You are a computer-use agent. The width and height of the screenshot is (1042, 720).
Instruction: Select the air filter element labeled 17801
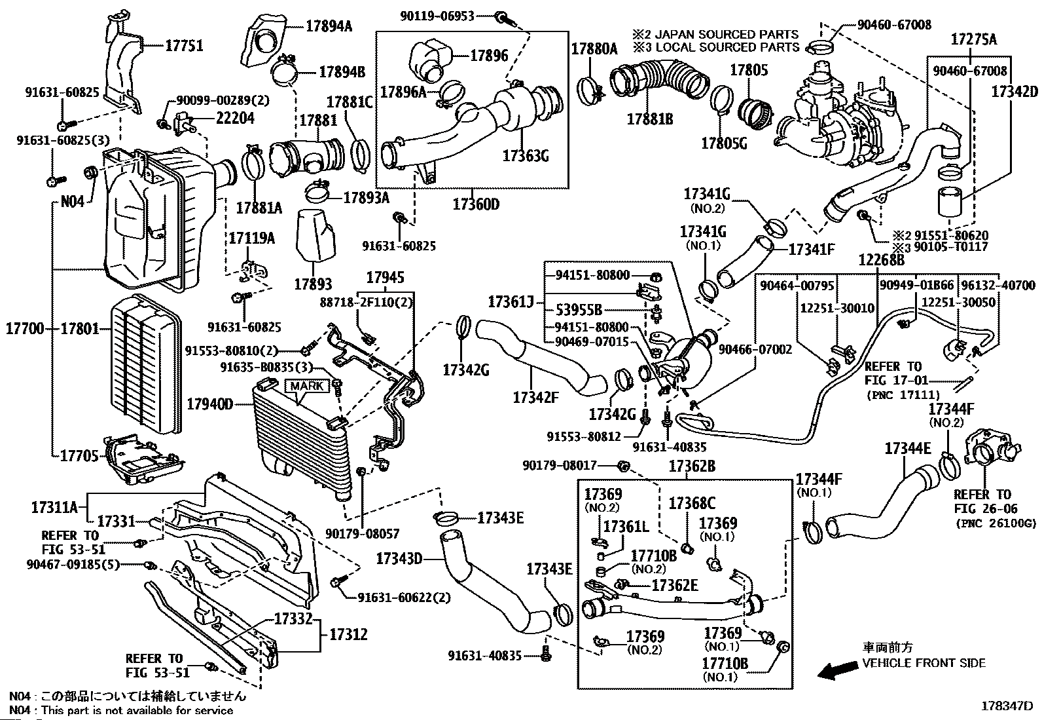(x=144, y=367)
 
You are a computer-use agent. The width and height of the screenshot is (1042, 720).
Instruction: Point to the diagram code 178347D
(x=1006, y=706)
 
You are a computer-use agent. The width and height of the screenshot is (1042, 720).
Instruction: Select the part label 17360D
(x=476, y=204)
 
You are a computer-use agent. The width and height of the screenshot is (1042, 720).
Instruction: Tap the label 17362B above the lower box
(x=692, y=466)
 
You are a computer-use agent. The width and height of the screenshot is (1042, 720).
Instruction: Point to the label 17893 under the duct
(x=313, y=284)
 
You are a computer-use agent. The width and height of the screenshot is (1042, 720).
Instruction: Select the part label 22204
(x=235, y=119)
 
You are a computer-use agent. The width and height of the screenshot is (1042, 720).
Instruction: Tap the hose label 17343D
(x=399, y=559)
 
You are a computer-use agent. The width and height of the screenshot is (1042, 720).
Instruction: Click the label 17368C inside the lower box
(x=692, y=503)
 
